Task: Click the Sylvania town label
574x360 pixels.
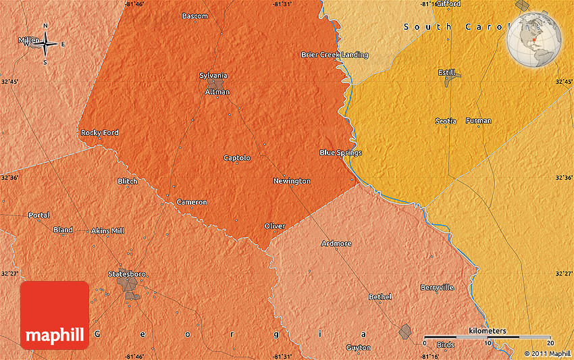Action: [213, 76]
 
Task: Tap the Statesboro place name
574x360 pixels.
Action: [127, 274]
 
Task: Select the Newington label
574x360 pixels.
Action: [292, 181]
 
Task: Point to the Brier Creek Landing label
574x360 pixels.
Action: [334, 55]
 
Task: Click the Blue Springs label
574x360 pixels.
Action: [340, 153]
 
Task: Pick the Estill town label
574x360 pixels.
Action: [446, 73]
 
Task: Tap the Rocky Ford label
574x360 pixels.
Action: [99, 133]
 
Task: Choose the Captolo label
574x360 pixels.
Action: [237, 158]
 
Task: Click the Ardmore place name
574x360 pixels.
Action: [336, 243]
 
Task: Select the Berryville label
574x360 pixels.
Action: [437, 288]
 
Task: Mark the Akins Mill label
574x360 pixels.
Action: [108, 231]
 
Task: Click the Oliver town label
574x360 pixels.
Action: [274, 226]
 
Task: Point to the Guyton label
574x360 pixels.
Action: [358, 348]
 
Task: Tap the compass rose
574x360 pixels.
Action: [46, 45]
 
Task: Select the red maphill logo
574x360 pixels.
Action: [55, 315]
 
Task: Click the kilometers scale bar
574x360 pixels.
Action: [487, 336]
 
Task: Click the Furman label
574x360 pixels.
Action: [478, 121]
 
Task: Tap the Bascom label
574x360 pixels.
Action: [194, 16]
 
